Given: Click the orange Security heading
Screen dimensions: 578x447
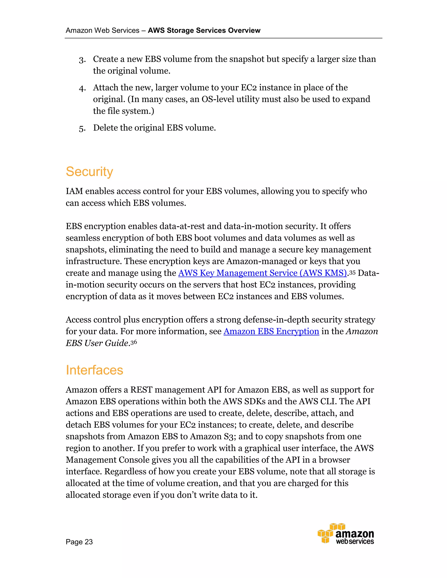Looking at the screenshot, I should (x=89, y=172).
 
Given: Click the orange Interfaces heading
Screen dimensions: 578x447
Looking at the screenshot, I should (x=94, y=370).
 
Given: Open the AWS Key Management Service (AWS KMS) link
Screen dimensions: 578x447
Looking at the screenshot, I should (x=262, y=273).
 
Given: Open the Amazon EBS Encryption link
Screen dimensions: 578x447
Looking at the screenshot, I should (x=271, y=331).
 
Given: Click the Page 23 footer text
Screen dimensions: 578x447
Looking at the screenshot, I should (x=79, y=542).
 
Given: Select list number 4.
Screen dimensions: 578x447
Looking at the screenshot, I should (x=82, y=88).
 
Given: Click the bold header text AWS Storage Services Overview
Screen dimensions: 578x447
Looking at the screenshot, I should (x=204, y=31).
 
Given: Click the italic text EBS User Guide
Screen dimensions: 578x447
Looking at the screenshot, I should (x=97, y=343).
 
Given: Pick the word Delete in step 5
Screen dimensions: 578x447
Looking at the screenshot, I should (x=105, y=128).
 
